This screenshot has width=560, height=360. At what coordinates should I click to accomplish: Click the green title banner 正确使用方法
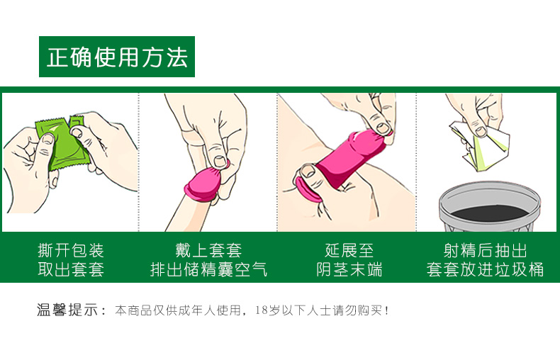[117, 57]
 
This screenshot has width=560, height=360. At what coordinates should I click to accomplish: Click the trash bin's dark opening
[489, 213]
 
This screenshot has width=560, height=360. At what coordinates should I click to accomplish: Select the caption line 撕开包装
[71, 250]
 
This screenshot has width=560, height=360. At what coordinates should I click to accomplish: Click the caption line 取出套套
[71, 269]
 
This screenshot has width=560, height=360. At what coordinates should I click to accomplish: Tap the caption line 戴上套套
[208, 250]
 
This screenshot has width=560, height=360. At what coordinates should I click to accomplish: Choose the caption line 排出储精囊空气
[208, 269]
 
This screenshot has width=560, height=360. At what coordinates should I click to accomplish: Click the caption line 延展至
[349, 250]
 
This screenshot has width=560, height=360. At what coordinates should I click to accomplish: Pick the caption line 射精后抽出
[485, 250]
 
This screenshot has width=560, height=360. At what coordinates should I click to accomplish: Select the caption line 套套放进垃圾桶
[485, 269]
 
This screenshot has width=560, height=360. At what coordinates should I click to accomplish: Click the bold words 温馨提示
[67, 310]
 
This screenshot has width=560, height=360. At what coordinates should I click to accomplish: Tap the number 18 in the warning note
[261, 310]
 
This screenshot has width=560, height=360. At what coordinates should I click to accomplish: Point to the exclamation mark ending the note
[386, 310]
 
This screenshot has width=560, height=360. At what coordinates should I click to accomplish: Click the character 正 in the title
[58, 57]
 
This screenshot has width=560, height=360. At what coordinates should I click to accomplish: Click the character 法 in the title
[177, 57]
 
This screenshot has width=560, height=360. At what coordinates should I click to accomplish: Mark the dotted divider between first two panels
[138, 162]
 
